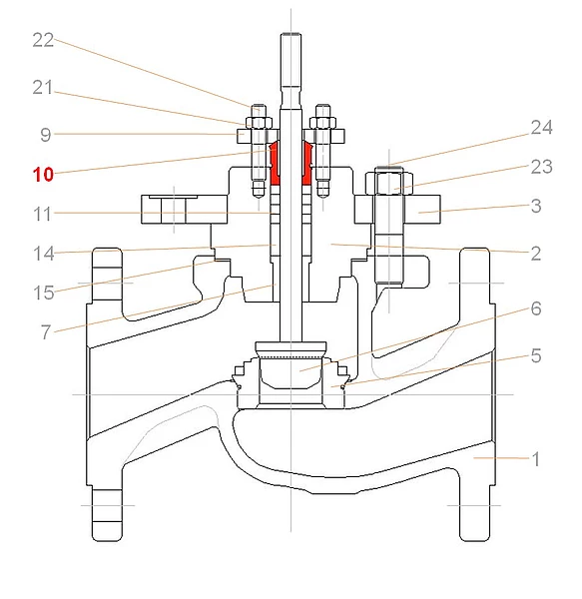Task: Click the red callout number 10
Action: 43,175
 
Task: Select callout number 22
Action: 43,40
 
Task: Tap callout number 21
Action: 43,88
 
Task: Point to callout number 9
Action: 46,135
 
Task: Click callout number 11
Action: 43,215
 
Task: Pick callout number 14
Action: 44,254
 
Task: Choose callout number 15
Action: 44,293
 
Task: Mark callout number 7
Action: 46,332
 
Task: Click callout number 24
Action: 541,127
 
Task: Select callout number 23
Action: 541,167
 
